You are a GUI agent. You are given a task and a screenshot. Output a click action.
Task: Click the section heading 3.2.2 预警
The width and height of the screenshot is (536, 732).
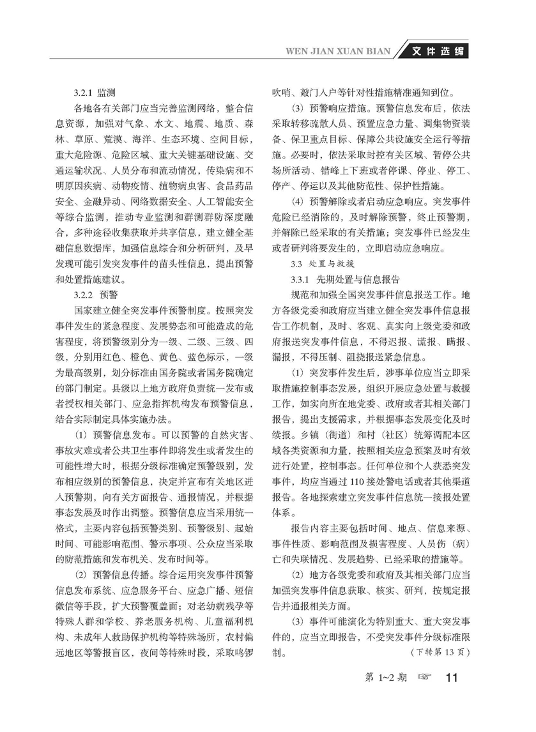(93, 294)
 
